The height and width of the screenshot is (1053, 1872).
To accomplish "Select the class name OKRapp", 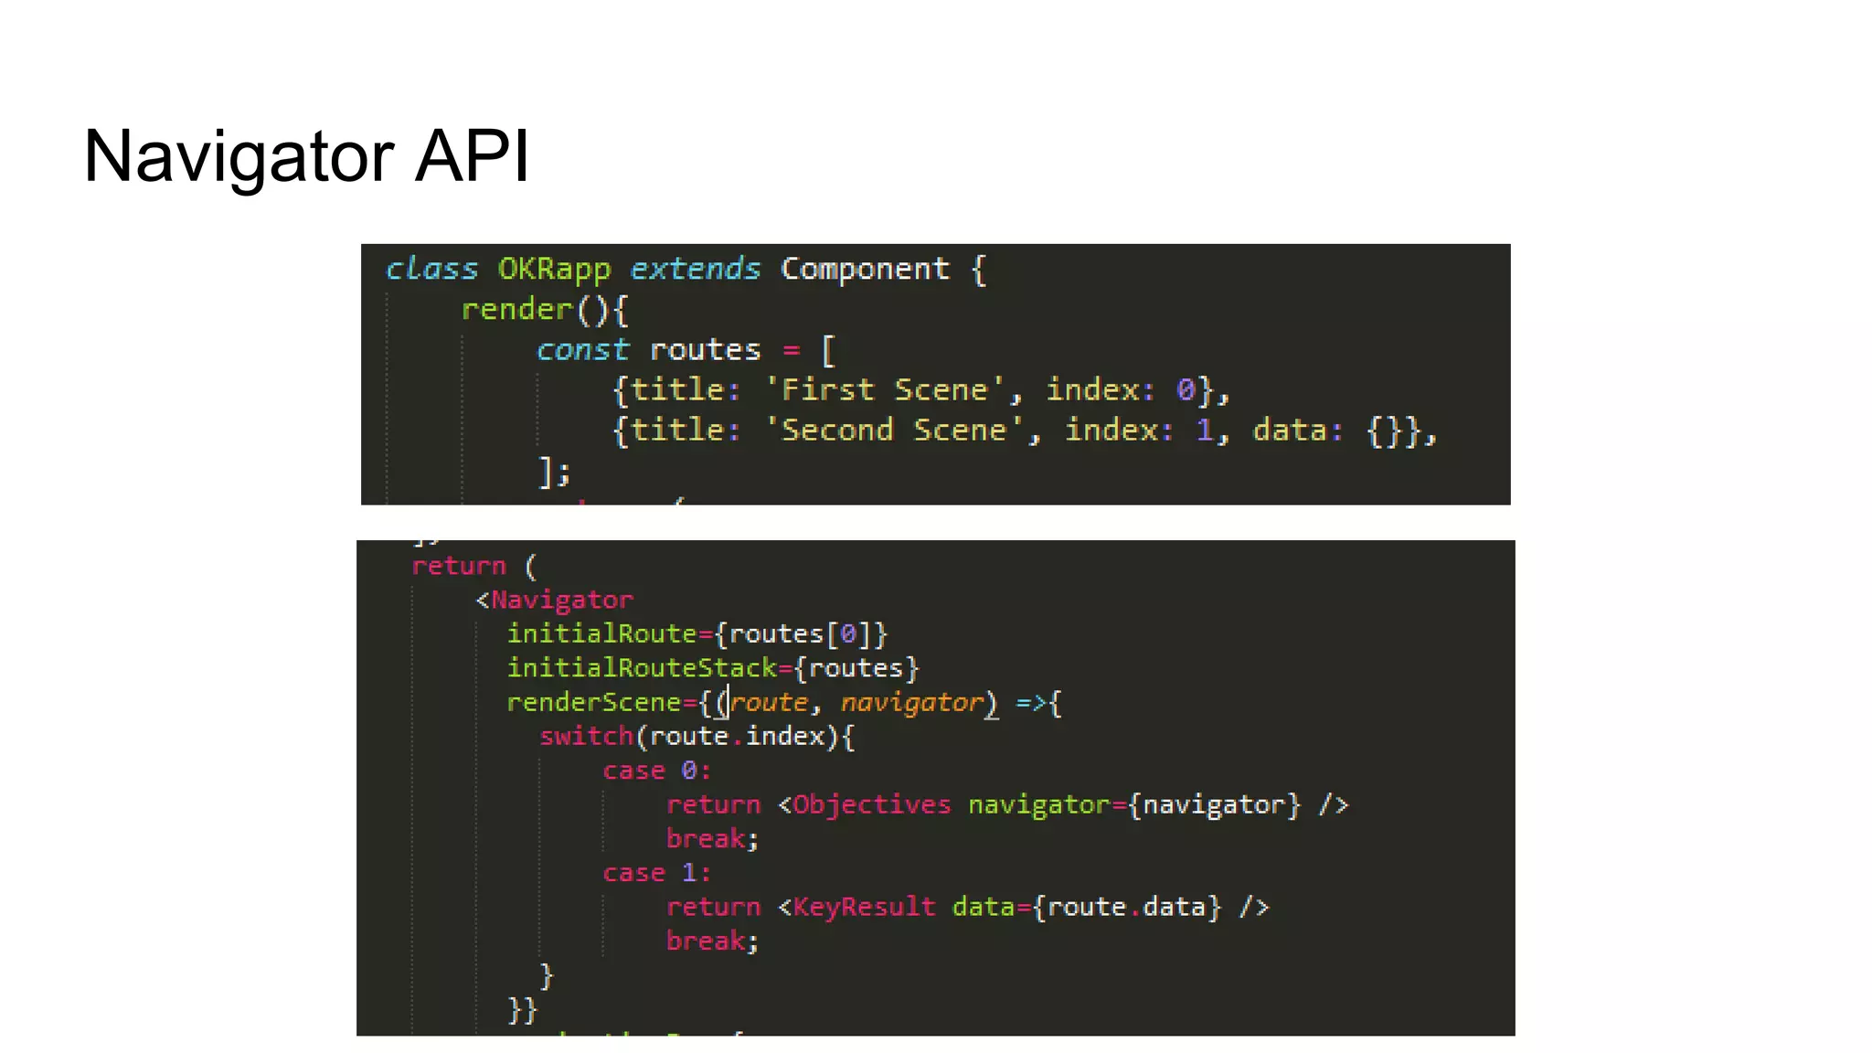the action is (x=554, y=270).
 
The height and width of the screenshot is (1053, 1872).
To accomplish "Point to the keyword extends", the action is (x=695, y=269).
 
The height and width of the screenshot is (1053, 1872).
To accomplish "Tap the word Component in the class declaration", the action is (x=865, y=270).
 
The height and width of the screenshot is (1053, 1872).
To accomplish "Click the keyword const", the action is (x=582, y=350).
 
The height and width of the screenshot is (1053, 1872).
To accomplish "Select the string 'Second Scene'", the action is (x=894, y=431).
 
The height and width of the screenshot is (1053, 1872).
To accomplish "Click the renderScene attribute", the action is (x=593, y=703).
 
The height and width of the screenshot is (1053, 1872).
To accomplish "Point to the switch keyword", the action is (x=586, y=737).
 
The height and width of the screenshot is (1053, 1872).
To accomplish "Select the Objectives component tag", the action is (x=871, y=805).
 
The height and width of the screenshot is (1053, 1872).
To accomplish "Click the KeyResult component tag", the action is (x=864, y=908).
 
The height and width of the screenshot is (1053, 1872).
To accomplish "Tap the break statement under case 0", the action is (x=706, y=839).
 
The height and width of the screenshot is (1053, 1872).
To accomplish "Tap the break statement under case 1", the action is (x=706, y=941).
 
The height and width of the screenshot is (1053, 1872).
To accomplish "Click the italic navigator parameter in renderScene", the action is (x=911, y=703).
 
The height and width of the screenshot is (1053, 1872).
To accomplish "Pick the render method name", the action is (x=516, y=310).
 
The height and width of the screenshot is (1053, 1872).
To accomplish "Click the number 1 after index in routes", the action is (x=1205, y=431).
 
